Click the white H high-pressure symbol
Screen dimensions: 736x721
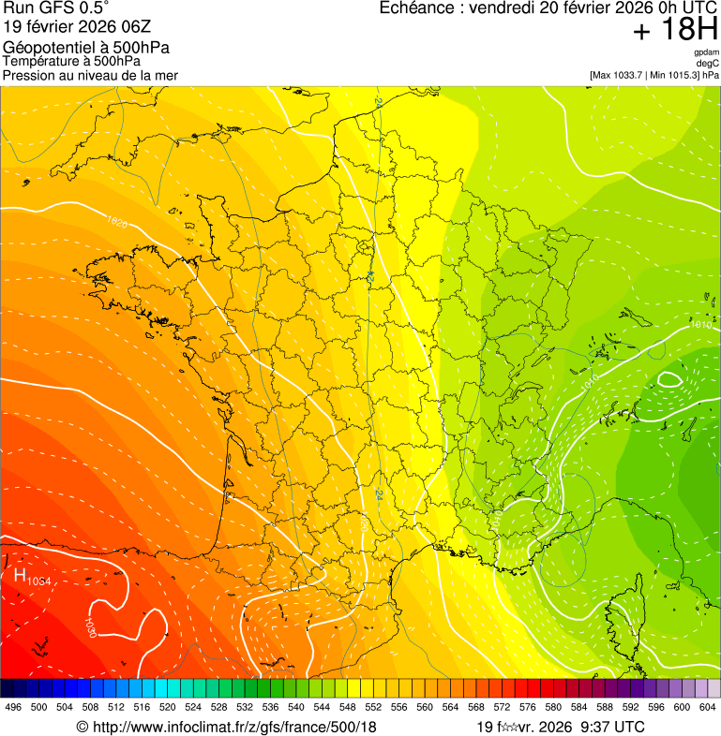coord(20,575)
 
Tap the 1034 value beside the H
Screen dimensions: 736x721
coord(38,582)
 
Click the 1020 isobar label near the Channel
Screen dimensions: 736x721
coord(117,222)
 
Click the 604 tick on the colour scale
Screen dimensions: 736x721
coord(708,708)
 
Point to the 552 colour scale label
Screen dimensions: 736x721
coord(372,708)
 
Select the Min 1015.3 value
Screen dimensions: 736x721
coord(675,74)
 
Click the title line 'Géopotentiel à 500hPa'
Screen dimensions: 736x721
coord(86,47)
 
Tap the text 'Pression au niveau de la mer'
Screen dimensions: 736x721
coord(90,75)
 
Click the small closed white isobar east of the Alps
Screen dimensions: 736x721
coord(669,379)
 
